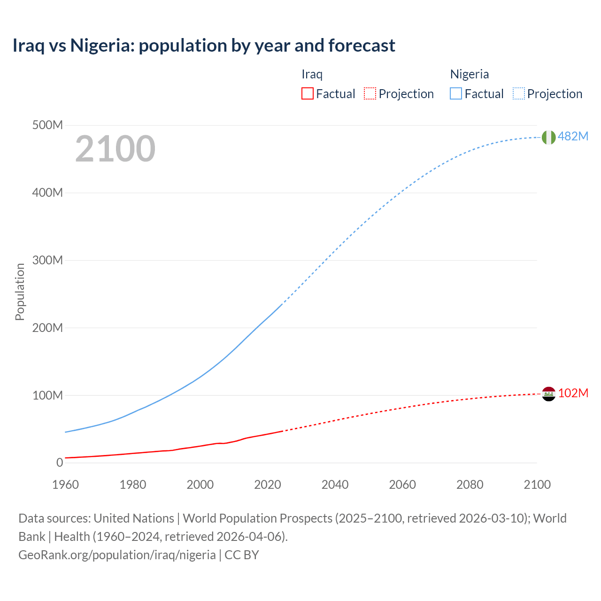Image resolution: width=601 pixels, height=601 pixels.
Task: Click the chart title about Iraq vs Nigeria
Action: [204, 46]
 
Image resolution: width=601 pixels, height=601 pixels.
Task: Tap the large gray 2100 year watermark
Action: [115, 149]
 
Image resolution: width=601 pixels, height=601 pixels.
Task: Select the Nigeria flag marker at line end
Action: [548, 137]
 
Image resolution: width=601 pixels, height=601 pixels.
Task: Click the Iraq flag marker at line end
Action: [548, 393]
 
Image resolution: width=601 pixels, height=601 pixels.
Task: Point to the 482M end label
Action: [573, 136]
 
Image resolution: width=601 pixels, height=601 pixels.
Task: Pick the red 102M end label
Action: [573, 393]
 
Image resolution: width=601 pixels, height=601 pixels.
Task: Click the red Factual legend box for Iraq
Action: [308, 94]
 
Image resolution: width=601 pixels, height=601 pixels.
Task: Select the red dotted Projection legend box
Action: [370, 94]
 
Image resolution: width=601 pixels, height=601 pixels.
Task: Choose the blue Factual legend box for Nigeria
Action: [456, 94]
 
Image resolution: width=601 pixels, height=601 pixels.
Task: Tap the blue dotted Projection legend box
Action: [519, 94]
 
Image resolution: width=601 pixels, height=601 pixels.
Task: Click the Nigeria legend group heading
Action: [470, 74]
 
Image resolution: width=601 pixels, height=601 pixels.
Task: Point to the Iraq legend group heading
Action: [312, 74]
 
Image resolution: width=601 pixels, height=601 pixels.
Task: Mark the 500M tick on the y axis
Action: [47, 125]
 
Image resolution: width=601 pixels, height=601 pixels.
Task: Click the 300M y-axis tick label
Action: [47, 260]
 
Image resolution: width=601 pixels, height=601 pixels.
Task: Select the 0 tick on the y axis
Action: [60, 462]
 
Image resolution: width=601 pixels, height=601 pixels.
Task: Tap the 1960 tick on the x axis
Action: [66, 485]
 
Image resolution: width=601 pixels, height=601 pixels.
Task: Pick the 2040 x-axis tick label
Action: [335, 485]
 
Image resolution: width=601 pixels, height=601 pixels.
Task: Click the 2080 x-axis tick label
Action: [470, 485]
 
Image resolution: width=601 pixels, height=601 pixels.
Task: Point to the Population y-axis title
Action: [20, 292]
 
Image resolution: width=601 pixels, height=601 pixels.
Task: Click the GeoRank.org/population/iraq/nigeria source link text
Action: [117, 555]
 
